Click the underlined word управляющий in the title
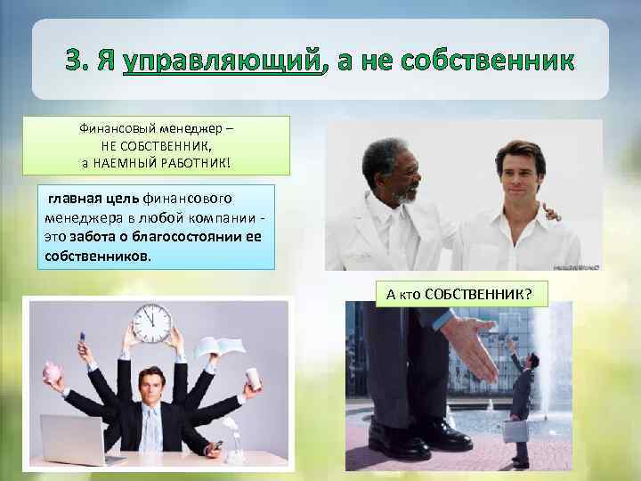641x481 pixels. (220, 62)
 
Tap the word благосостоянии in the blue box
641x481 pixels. (191, 240)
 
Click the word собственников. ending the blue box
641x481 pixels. (97, 256)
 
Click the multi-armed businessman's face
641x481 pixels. (150, 385)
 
